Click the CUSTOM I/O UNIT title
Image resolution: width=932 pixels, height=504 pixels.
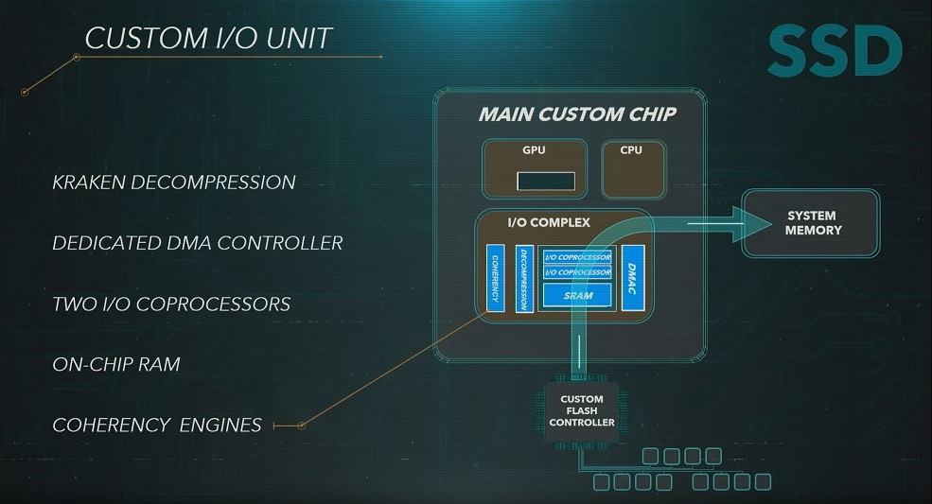pos(209,39)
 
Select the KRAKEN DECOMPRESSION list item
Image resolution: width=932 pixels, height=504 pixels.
pos(174,182)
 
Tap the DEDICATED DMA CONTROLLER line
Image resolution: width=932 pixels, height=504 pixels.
pos(197,243)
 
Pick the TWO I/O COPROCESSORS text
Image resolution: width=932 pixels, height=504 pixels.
pos(171,304)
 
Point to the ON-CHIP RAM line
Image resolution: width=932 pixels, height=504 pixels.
pos(115,364)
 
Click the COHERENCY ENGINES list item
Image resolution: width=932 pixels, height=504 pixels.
pos(157,425)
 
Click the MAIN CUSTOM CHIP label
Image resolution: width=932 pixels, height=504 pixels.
pos(577,114)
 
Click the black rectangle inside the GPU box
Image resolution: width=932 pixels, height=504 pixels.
pos(546,182)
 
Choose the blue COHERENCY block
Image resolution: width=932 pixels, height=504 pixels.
pos(494,278)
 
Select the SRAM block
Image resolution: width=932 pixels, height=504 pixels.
pos(577,296)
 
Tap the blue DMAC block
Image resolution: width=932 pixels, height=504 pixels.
pos(633,277)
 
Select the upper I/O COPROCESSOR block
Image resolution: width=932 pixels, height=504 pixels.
pos(577,257)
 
